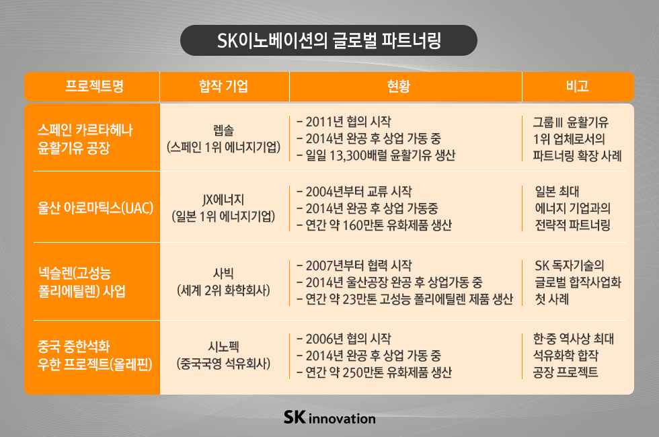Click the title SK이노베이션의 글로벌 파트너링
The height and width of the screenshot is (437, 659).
pos(329,40)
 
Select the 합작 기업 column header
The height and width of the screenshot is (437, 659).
pos(224,86)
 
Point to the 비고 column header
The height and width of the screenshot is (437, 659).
pos(578,86)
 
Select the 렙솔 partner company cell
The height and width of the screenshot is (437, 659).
pos(224,137)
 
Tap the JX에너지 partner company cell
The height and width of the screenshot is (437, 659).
pos(224,207)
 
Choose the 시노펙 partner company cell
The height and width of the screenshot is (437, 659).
pos(224,356)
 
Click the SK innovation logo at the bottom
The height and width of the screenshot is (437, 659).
pos(329,418)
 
